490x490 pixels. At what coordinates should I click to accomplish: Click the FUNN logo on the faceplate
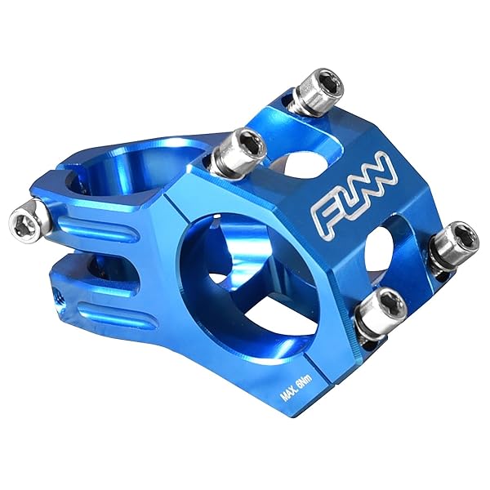353,194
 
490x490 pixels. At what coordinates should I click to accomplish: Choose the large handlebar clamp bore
245,278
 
